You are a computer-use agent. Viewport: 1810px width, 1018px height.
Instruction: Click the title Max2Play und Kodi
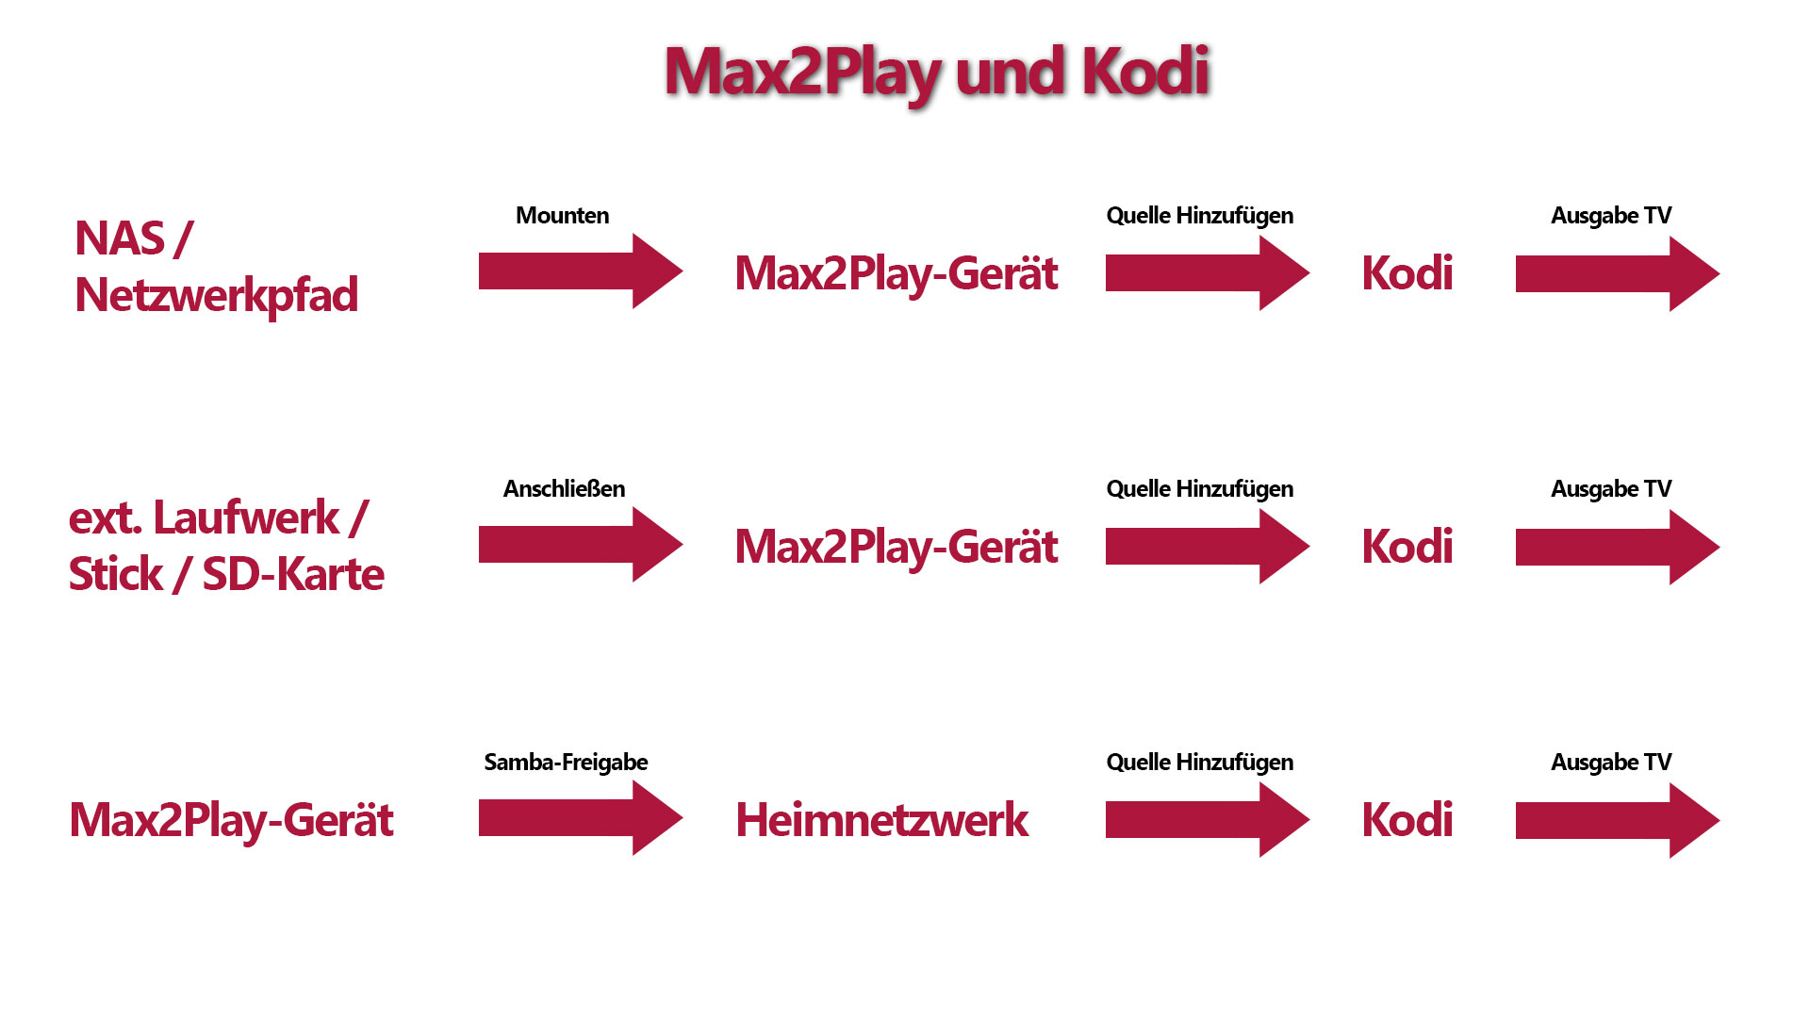[x=937, y=73]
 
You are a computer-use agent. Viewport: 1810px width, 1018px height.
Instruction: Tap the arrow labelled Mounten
[x=581, y=271]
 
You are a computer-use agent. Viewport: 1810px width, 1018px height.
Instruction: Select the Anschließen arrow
[x=581, y=545]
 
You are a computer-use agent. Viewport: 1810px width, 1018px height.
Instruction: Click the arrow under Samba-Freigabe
[x=581, y=818]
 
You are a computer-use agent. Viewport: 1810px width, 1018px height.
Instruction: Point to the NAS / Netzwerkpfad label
[x=216, y=268]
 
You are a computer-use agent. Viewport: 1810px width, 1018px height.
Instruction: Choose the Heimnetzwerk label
[x=881, y=820]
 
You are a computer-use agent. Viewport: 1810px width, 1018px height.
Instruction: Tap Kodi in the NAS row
[x=1407, y=273]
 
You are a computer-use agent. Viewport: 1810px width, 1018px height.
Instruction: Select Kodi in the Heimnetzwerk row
[x=1407, y=820]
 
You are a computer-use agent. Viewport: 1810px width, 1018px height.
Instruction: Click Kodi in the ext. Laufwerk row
[x=1407, y=547]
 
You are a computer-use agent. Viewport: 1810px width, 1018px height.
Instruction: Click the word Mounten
[x=563, y=216]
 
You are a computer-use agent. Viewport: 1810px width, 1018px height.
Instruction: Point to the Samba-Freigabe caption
[x=566, y=763]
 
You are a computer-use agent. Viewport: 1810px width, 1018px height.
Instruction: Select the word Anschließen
[x=564, y=489]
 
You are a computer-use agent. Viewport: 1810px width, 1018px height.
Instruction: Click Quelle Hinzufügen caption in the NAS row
[x=1200, y=217]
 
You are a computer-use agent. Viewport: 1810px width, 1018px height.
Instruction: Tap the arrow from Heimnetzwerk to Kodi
[x=1208, y=820]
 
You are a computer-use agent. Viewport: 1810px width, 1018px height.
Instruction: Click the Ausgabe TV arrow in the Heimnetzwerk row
[x=1618, y=821]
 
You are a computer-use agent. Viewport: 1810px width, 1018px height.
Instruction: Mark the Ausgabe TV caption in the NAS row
[x=1611, y=217]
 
